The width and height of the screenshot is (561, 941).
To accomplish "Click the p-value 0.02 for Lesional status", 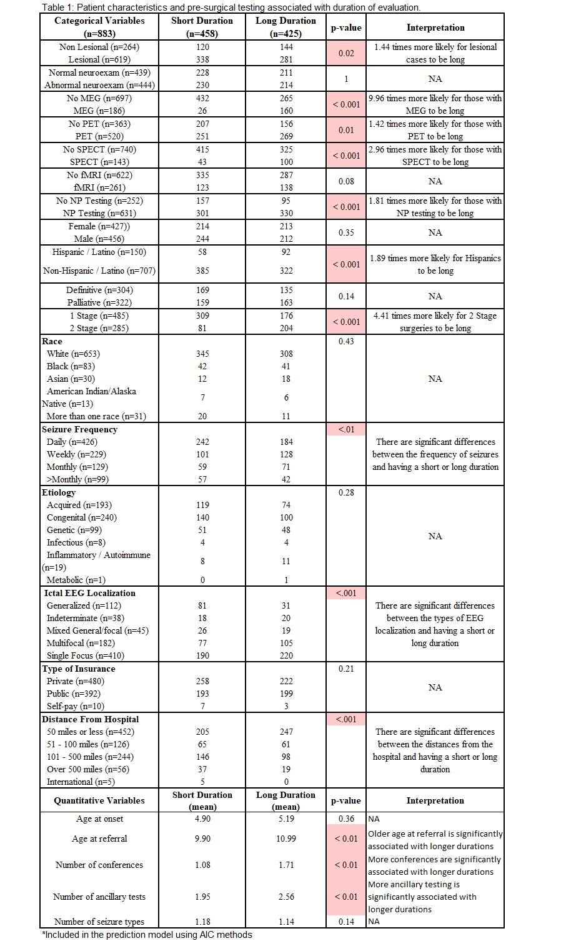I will click(345, 53).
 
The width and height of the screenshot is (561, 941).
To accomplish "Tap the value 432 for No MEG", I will click(202, 98).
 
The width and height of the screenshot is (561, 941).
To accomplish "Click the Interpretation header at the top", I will click(435, 27).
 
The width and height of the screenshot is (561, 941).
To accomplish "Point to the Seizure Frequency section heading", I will click(79, 429).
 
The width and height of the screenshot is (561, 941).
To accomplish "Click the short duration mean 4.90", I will click(202, 819).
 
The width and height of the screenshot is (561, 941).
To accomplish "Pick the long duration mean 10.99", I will click(285, 839).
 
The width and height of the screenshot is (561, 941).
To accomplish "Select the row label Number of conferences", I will click(99, 865).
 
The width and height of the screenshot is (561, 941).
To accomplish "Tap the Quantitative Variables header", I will click(99, 800).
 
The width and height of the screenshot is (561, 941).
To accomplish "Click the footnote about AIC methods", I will click(147, 935).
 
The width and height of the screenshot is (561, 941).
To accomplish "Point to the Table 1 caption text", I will click(231, 7).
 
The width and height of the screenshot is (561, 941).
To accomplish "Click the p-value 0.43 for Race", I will click(345, 341).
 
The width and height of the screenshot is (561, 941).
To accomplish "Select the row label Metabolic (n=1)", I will click(74, 580).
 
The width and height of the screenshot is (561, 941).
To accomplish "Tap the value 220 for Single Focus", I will click(285, 655).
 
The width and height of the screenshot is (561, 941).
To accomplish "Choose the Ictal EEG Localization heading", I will click(89, 593).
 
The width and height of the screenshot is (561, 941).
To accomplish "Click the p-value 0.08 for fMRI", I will click(345, 181).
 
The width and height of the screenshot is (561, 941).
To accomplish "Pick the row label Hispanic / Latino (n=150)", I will click(99, 252).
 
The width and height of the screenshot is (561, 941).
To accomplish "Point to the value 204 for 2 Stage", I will click(285, 328).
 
